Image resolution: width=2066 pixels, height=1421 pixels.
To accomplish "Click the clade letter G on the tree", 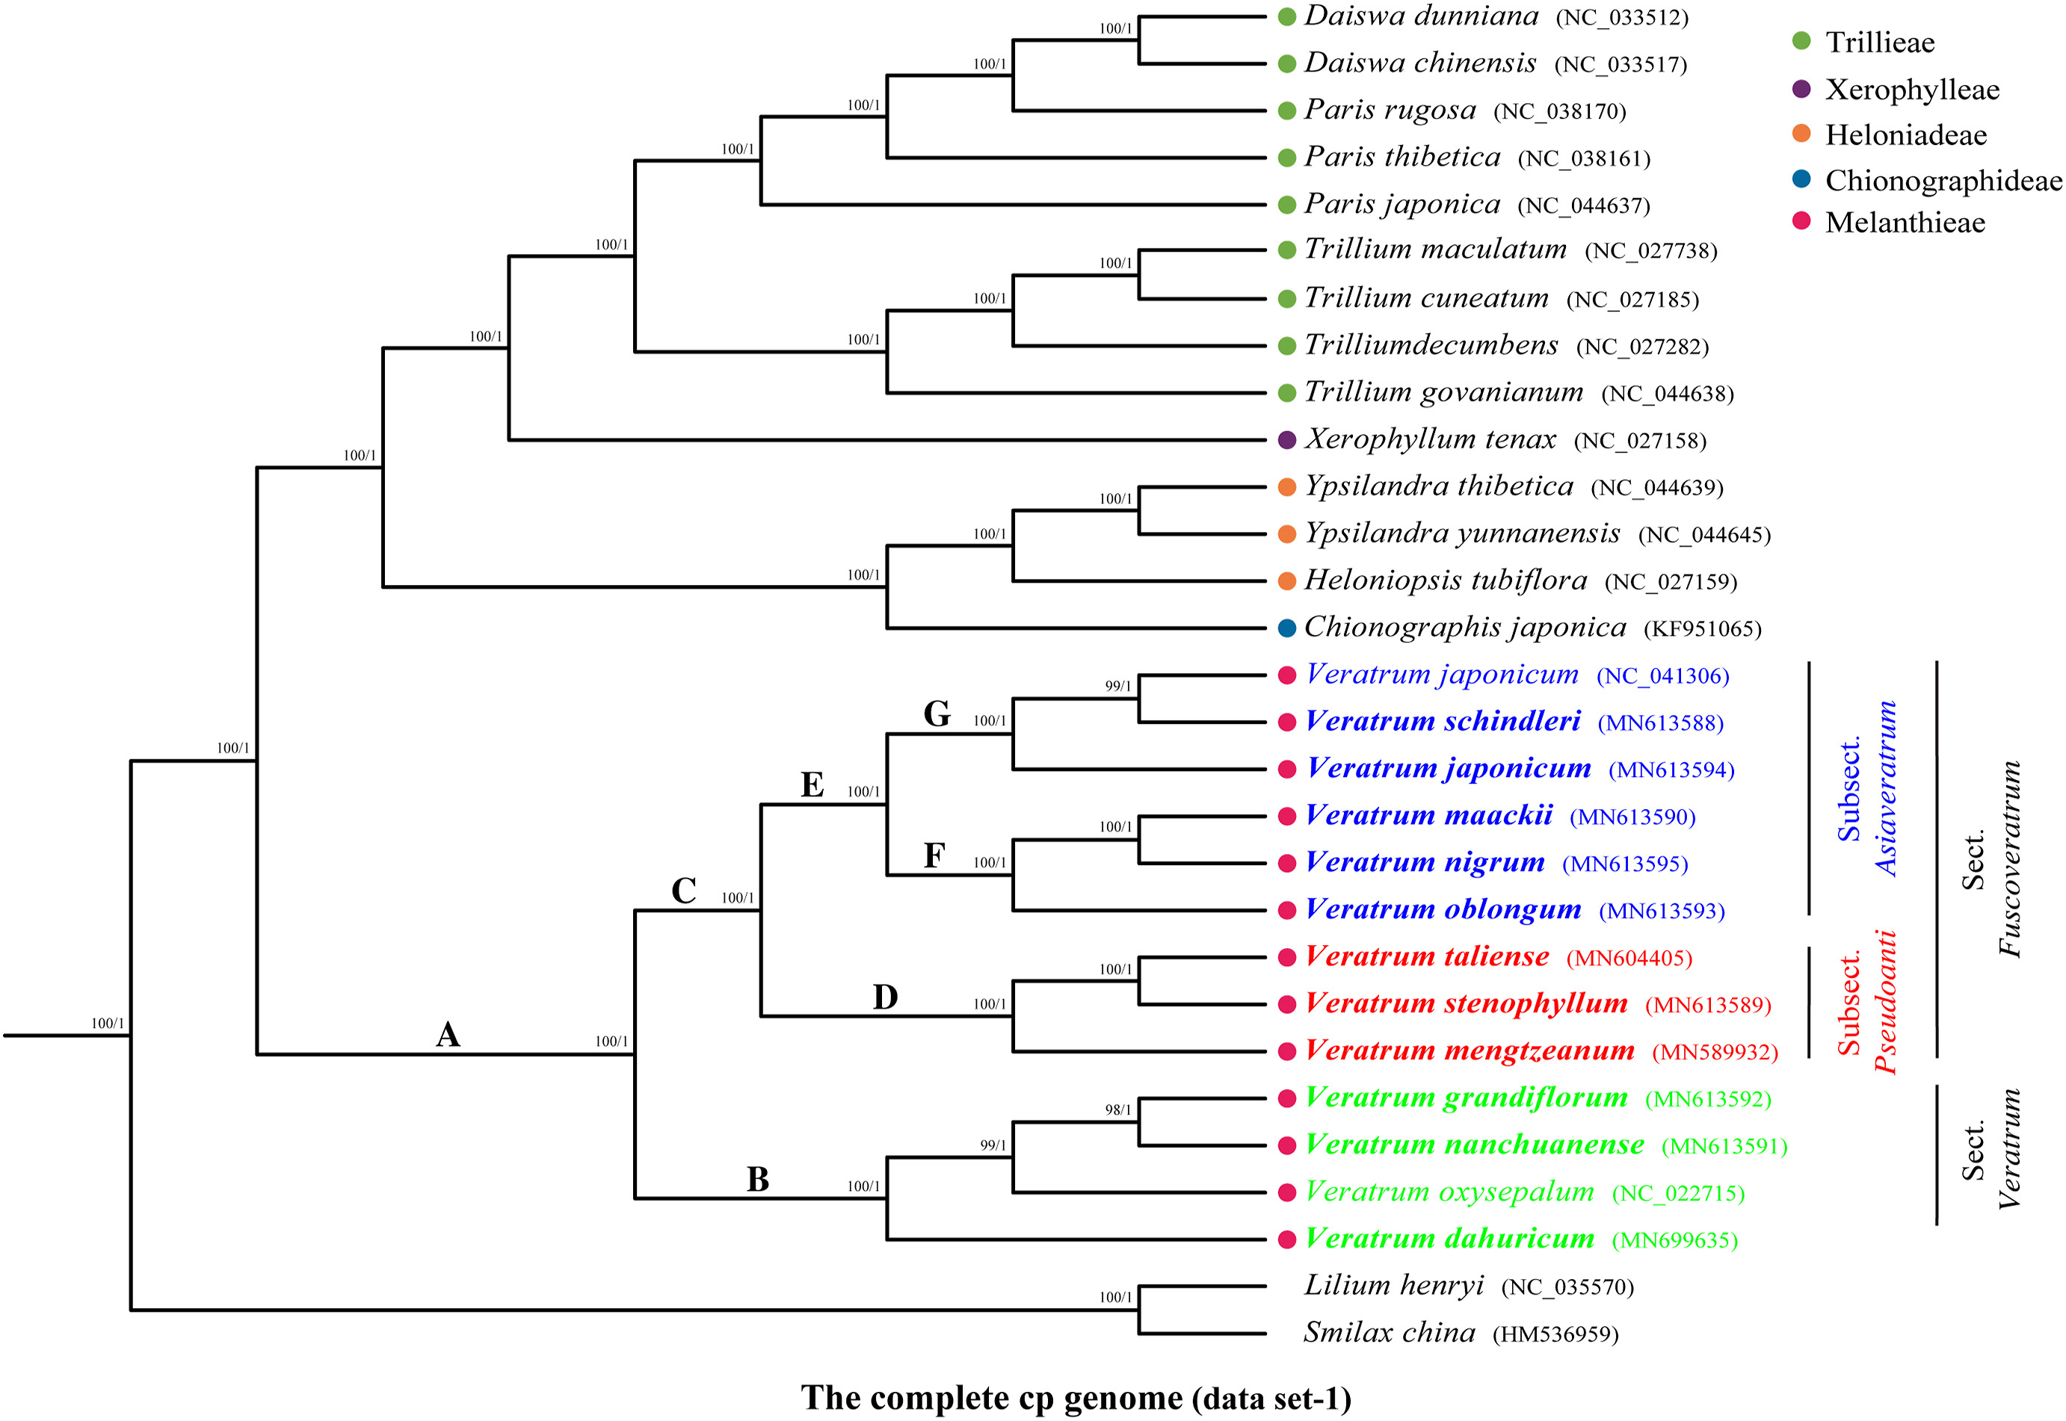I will coord(936,714).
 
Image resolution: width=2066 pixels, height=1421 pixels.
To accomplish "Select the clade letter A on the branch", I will coord(448,1035).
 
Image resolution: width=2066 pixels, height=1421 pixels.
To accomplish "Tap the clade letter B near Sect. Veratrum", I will coord(757,1180).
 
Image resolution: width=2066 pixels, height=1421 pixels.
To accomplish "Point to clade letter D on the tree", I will coord(884,997).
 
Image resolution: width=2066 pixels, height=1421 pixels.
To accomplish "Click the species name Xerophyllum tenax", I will coord(1430,439).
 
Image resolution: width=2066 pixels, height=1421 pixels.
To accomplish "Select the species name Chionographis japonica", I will coord(1465,628).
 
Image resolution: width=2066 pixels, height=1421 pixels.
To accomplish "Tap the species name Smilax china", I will coord(1390,1333).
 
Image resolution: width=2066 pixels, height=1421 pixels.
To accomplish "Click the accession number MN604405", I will coord(1629,958).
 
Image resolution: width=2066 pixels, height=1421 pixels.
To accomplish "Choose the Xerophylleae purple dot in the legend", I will coord(1801,89).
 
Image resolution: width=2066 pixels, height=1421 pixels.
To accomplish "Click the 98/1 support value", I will coord(1117,1109).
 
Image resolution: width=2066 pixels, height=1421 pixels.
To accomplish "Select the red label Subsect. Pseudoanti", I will coord(1866,1003).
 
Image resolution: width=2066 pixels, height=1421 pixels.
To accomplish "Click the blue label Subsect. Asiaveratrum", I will coord(1866,789).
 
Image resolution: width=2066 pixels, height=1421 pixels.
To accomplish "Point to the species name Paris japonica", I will coord(1402,204).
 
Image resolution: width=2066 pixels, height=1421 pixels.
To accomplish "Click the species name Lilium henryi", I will coord(1394,1286).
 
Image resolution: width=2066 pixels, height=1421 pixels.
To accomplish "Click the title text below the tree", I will coord(1076,1398).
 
